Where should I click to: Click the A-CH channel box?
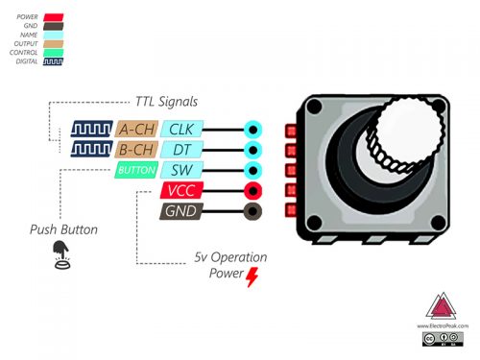click(x=136, y=129)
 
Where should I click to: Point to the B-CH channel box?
click(x=136, y=149)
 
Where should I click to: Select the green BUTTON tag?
click(x=135, y=170)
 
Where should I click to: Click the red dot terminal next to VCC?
click(x=253, y=190)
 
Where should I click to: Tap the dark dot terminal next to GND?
click(x=253, y=211)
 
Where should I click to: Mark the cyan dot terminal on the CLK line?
click(x=253, y=129)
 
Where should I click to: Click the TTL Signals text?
click(x=167, y=102)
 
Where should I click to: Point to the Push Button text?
click(x=63, y=230)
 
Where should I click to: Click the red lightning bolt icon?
click(x=252, y=277)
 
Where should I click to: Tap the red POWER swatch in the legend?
click(x=53, y=17)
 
